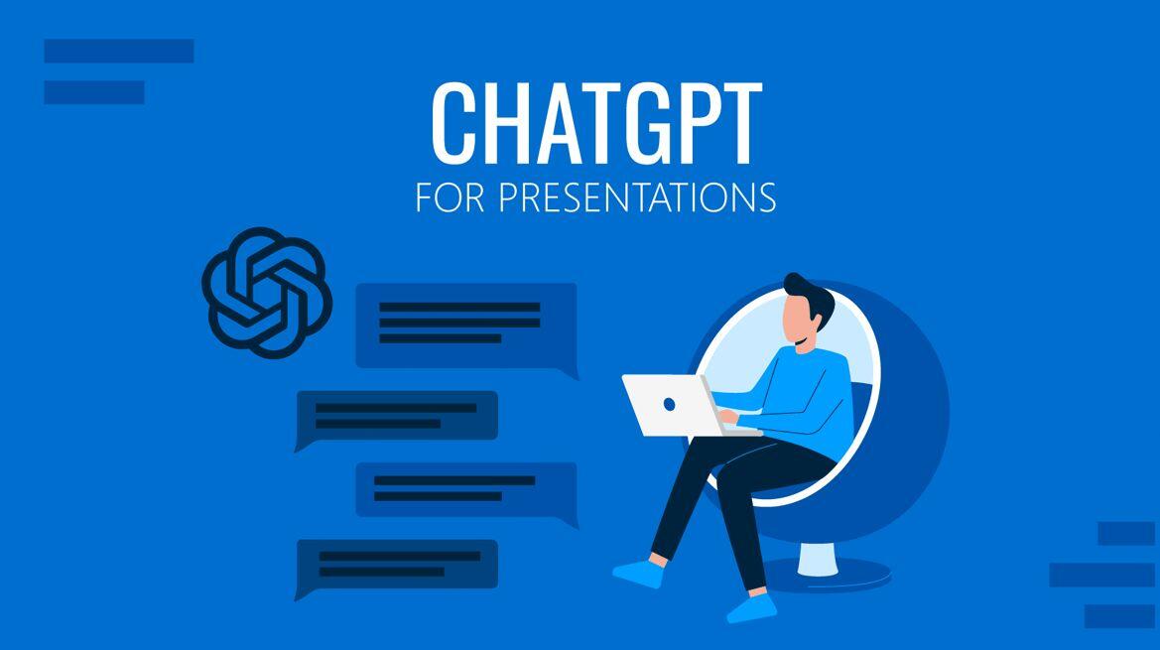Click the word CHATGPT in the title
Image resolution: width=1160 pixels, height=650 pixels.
coord(596,123)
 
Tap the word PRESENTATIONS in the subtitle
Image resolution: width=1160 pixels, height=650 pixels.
coord(637,196)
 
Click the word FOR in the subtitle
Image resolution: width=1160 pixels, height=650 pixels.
coord(450,196)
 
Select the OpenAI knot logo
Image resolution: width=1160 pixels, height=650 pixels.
coord(267,292)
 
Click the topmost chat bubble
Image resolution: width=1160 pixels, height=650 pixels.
coord(466,326)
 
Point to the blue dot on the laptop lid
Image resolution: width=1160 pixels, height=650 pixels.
coord(669,405)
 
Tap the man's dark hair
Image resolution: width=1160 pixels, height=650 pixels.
coord(810,294)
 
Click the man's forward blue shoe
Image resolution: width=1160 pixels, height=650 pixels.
coord(638,574)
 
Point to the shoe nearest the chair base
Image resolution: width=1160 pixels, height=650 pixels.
coord(751,607)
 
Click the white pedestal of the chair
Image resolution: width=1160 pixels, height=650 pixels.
coord(818,559)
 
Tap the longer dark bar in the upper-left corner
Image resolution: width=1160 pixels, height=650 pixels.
coord(119,51)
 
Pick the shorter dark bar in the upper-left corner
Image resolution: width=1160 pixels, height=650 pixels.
coord(94,92)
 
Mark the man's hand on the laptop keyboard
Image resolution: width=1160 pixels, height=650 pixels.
coord(728,417)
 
